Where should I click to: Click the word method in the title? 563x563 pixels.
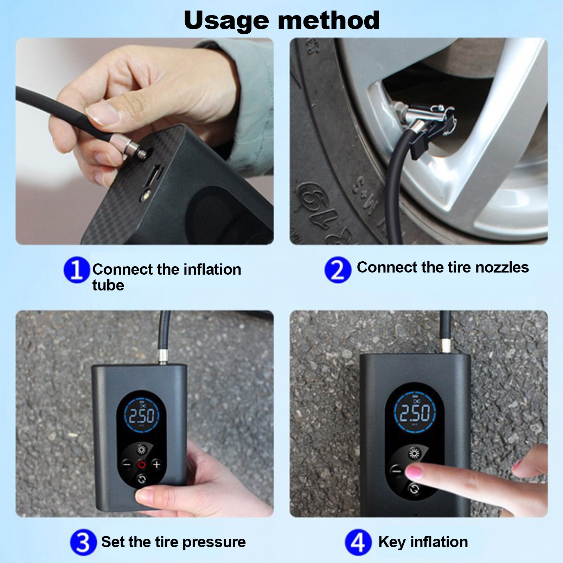pos(328,20)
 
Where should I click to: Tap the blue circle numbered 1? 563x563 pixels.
pos(76,270)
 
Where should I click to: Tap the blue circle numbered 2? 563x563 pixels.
pos(337,270)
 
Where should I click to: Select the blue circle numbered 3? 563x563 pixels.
pos(83,542)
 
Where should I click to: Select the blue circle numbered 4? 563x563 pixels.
pos(358,542)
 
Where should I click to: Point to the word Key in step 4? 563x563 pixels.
pos(392,542)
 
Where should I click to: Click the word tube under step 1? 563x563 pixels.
pos(108,285)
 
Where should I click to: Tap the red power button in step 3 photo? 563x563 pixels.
pos(141,465)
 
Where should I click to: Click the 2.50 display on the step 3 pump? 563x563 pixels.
pos(141,416)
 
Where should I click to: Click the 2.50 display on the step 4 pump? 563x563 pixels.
pos(415,413)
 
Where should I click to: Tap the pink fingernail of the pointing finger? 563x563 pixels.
pos(414,472)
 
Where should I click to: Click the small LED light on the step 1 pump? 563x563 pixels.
pos(146,194)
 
